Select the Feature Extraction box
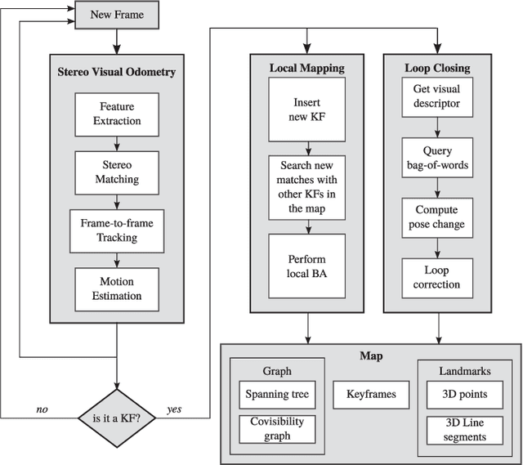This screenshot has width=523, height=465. pos(120,114)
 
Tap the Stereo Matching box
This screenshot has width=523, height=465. pos(120,172)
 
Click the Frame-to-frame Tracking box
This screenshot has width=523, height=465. pos(120,230)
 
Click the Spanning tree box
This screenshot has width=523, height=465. pos(277,395)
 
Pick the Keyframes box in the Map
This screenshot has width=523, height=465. pos(364,395)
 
